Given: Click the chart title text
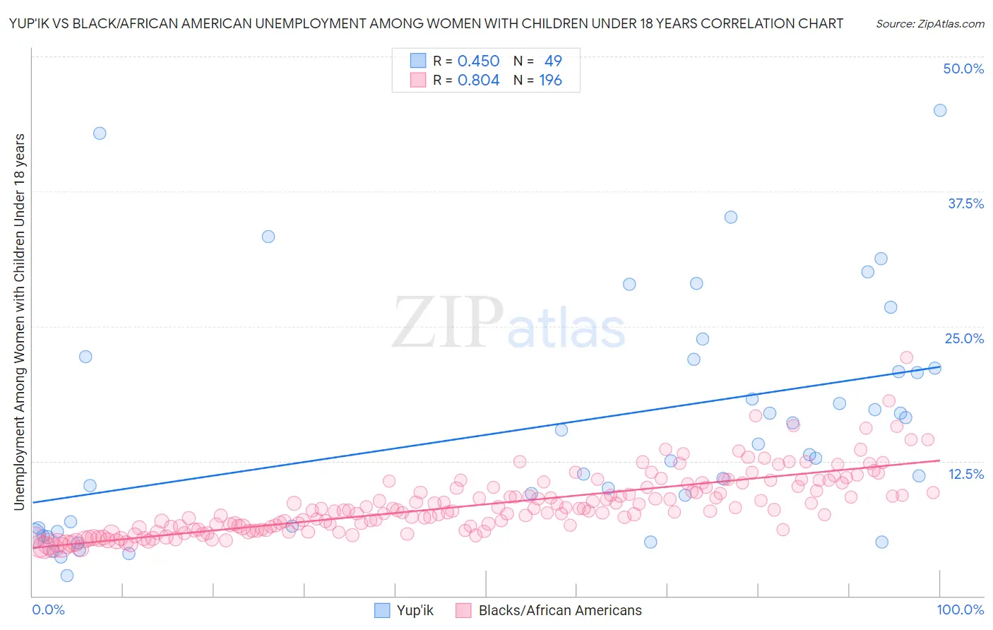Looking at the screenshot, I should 426,23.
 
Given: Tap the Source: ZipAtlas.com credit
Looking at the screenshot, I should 929,23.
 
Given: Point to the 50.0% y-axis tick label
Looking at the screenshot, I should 963,69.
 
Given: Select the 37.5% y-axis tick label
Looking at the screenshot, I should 965,203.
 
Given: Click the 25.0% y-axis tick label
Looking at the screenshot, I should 964,338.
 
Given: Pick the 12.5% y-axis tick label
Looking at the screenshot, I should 965,474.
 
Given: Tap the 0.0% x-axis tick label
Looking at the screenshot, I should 48,610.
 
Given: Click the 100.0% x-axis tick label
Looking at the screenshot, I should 960,610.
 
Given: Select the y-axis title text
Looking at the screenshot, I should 19,321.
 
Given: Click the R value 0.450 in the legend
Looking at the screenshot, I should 478,61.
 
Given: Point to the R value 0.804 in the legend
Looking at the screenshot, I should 478,81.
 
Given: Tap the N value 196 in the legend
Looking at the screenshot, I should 550,81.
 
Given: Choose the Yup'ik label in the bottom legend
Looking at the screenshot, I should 415,610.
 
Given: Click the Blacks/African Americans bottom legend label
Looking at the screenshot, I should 559,610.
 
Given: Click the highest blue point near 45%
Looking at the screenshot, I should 940,110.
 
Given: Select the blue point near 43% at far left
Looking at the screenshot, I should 100,133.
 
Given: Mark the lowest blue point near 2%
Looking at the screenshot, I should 67,576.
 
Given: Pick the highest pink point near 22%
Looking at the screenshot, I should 906,357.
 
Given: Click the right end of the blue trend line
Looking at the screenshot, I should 939,368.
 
